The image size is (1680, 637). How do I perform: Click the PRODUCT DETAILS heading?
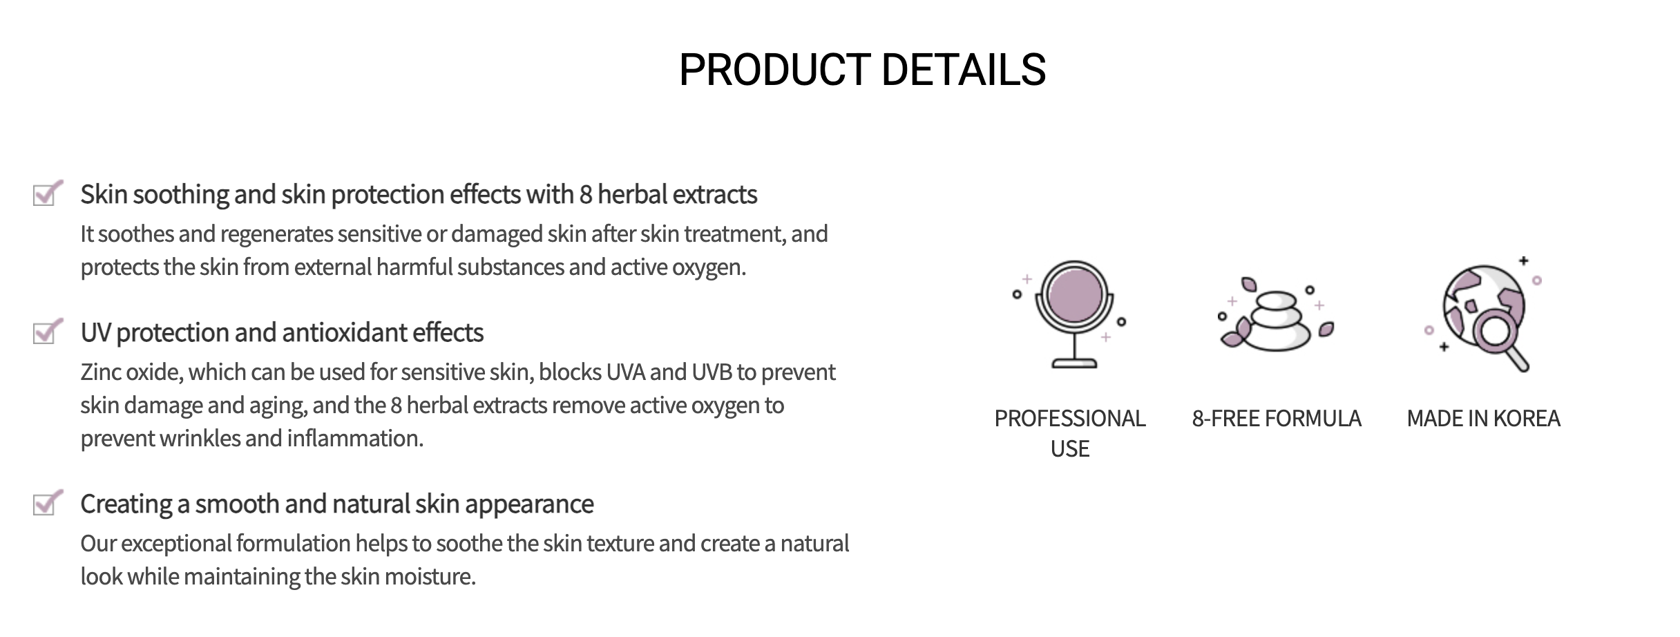pyautogui.click(x=862, y=70)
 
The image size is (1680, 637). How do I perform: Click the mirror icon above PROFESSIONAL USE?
pyautogui.click(x=1073, y=314)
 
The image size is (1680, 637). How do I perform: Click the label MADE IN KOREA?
pyautogui.click(x=1483, y=419)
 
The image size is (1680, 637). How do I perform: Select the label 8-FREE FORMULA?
pyautogui.click(x=1277, y=419)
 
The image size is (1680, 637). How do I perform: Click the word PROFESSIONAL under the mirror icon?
pyautogui.click(x=1070, y=419)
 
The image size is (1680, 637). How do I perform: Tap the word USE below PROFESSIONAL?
pyautogui.click(x=1070, y=449)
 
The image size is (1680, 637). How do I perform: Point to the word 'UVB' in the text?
pyautogui.click(x=712, y=372)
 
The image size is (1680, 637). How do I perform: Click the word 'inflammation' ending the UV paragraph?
pyautogui.click(x=355, y=439)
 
